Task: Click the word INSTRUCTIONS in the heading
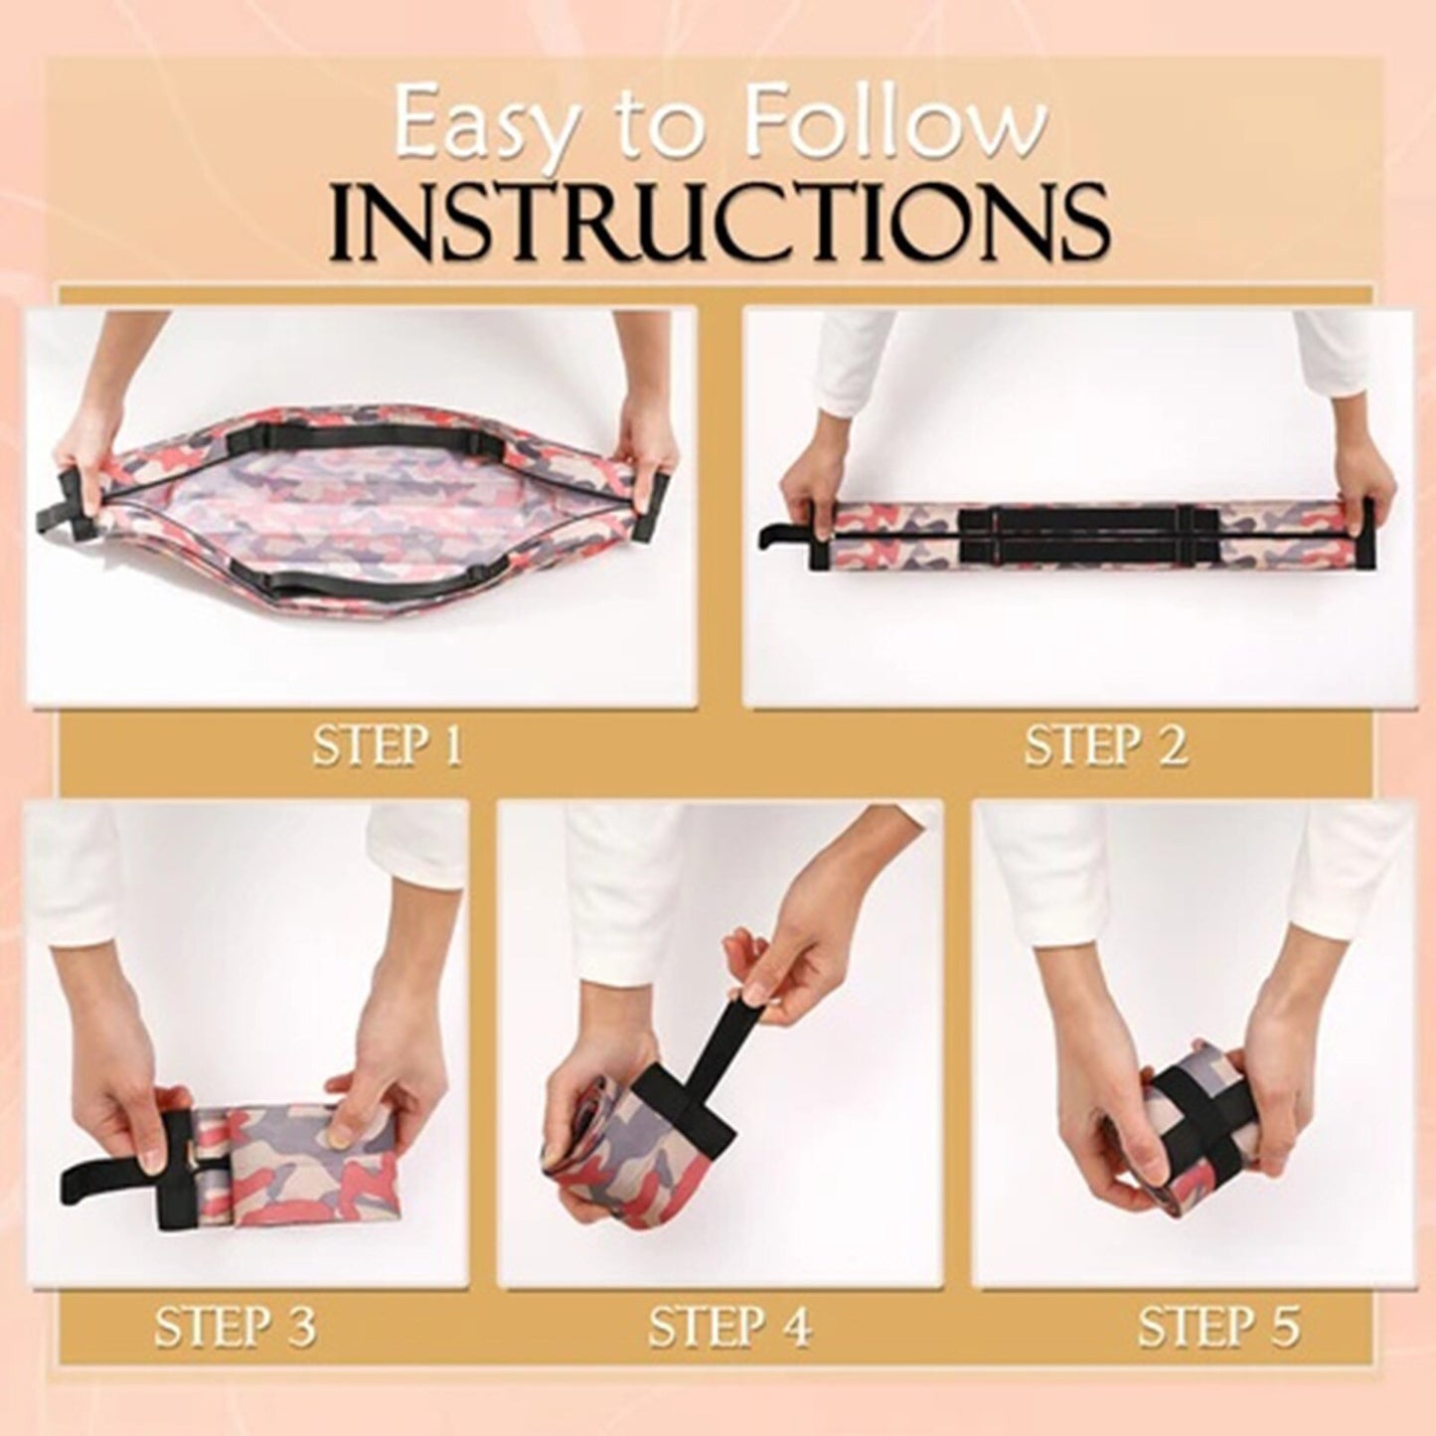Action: pyautogui.click(x=718, y=220)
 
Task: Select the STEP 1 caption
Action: pyautogui.click(x=388, y=747)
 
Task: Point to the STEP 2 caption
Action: pyautogui.click(x=1105, y=747)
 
